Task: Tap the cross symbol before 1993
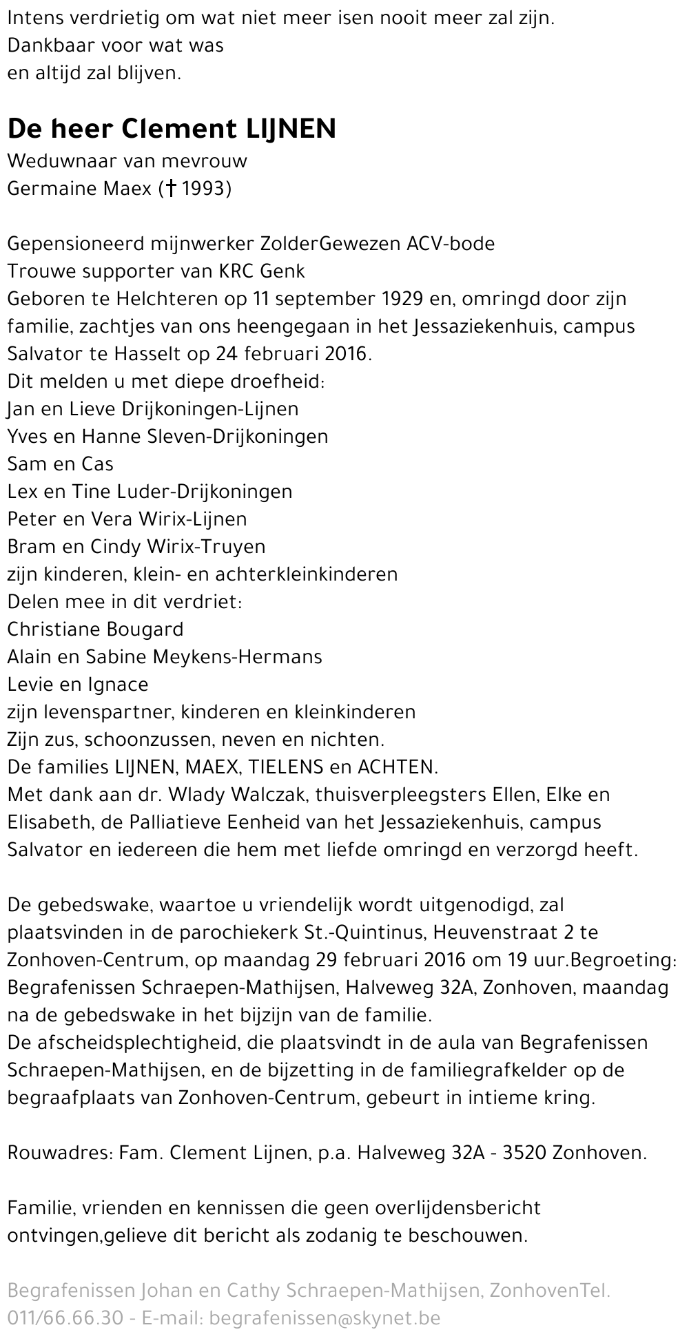[169, 189]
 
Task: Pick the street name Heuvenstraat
[495, 933]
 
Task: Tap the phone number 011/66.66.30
[66, 1318]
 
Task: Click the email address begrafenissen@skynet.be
[324, 1318]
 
